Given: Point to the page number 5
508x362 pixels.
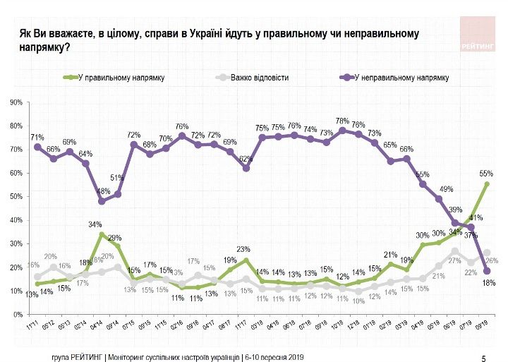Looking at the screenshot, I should [483, 358].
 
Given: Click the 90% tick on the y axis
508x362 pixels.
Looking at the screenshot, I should [16, 102].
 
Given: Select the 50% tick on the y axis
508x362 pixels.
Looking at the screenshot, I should [16, 196].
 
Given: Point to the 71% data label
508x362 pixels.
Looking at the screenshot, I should [37, 136].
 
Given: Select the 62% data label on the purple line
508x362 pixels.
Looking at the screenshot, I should [245, 159].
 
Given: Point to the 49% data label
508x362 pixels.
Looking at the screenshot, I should [446, 189].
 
